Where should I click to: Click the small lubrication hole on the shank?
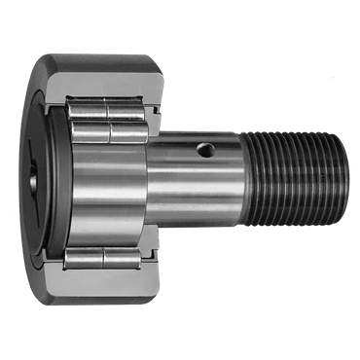202,150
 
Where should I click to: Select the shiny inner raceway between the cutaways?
107,185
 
